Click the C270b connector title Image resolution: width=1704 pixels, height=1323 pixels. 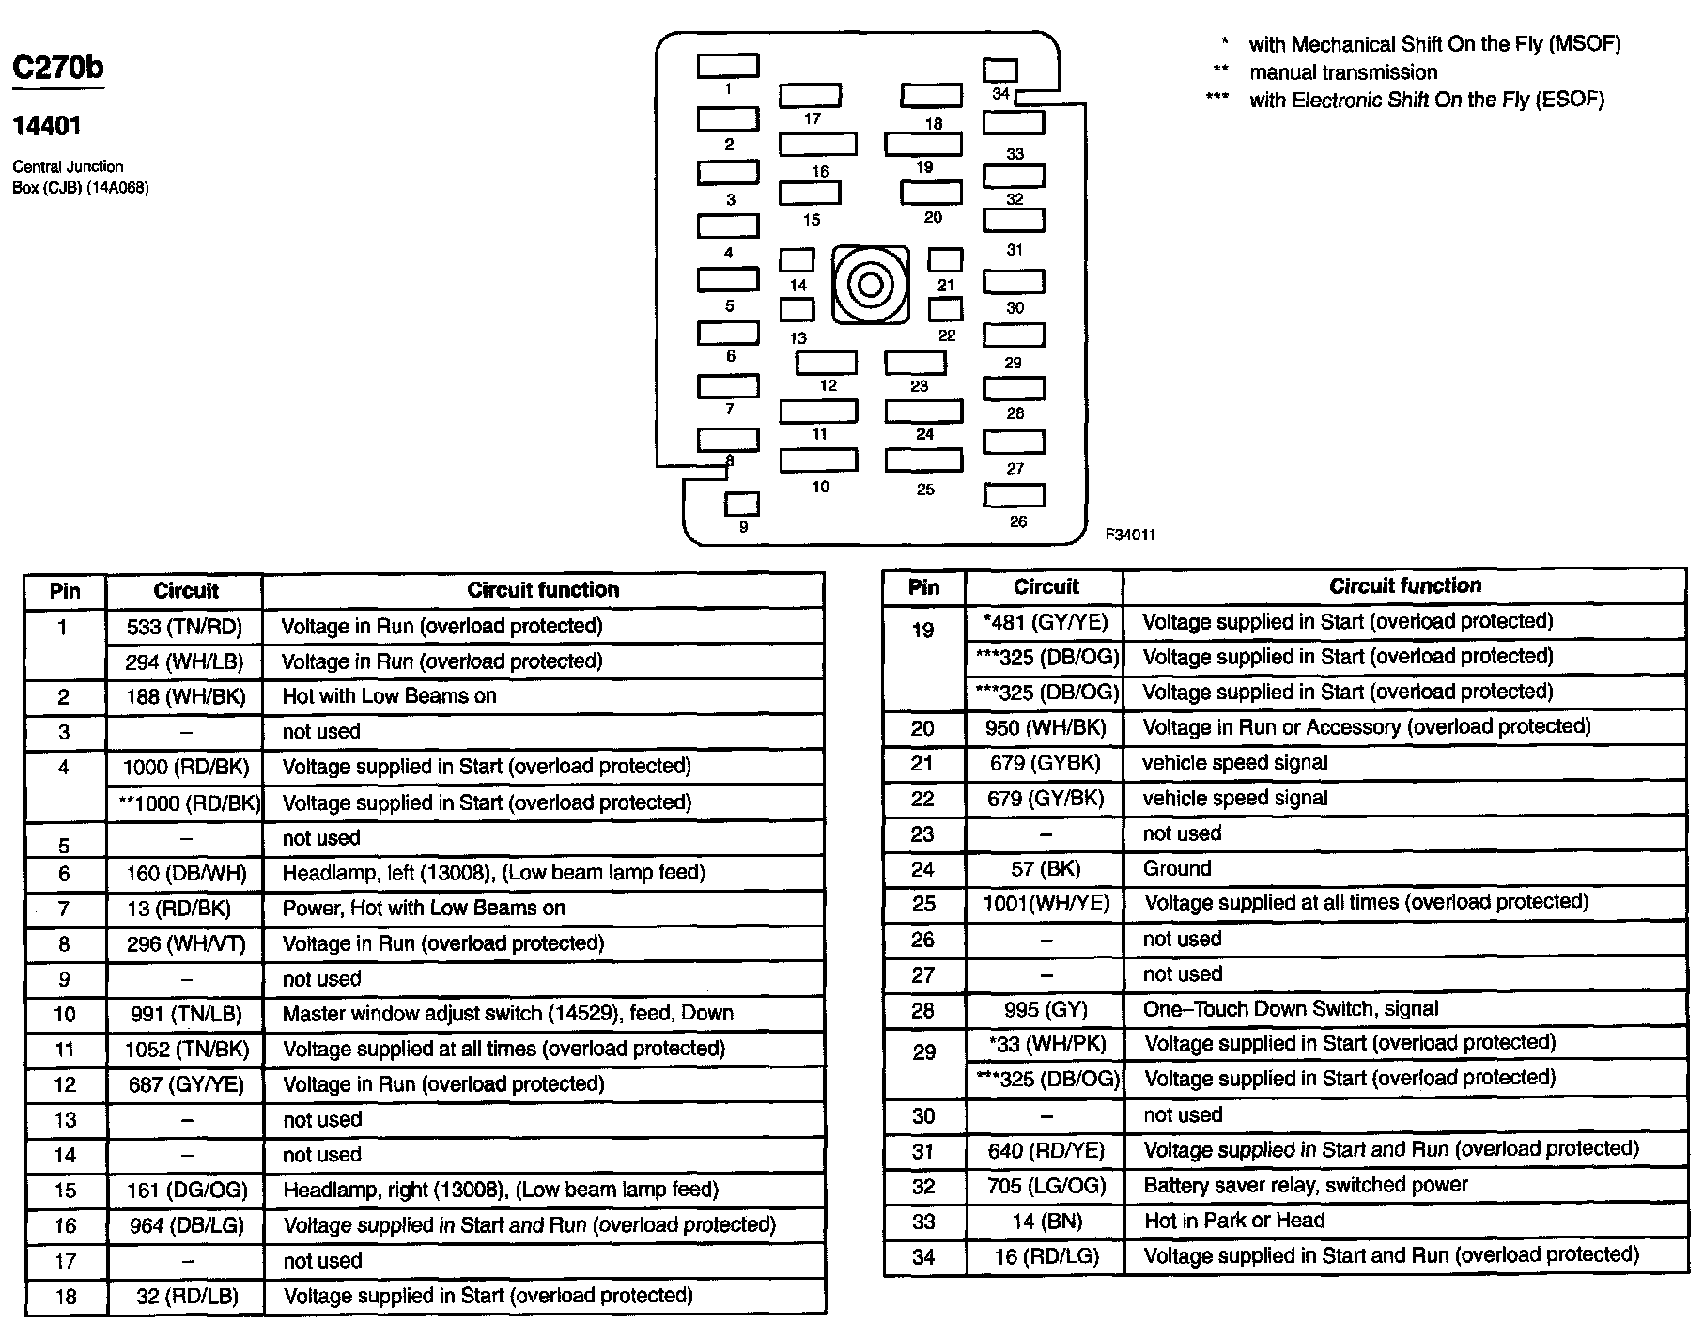pyautogui.click(x=57, y=68)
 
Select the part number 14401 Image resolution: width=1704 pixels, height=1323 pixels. pyautogui.click(x=46, y=126)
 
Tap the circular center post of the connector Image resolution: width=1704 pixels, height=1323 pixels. pyautogui.click(x=871, y=285)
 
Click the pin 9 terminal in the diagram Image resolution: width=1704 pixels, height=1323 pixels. pyautogui.click(x=741, y=505)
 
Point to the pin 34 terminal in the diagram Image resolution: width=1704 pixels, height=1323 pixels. pyautogui.click(x=999, y=70)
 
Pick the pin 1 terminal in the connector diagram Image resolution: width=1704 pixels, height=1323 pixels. pyautogui.click(x=728, y=66)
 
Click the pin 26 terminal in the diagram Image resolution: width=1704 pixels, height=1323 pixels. pyautogui.click(x=1014, y=495)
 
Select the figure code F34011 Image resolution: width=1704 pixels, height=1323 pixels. pyautogui.click(x=1130, y=535)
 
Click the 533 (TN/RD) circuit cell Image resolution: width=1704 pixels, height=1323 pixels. pyautogui.click(x=184, y=627)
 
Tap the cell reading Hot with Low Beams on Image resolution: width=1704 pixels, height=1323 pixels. pyautogui.click(x=389, y=696)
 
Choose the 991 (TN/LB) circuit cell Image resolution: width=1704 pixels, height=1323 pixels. pyautogui.click(x=184, y=1014)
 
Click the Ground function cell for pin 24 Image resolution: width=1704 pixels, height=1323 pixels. pyautogui.click(x=1176, y=868)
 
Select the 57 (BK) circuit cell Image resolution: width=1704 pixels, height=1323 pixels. pyautogui.click(x=1046, y=868)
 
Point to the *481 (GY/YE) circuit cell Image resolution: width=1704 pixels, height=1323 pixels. pyautogui.click(x=1046, y=622)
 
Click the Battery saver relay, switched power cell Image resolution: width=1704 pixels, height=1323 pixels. pyautogui.click(x=1305, y=1185)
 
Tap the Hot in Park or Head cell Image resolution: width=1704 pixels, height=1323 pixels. pyautogui.click(x=1234, y=1221)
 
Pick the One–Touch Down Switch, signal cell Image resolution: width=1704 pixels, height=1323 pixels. pyautogui.click(x=1290, y=1009)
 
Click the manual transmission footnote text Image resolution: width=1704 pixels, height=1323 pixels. pyautogui.click(x=1342, y=72)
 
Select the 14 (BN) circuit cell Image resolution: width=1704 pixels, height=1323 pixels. pyautogui.click(x=1046, y=1221)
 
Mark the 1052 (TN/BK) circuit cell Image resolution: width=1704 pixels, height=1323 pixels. pyautogui.click(x=184, y=1049)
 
